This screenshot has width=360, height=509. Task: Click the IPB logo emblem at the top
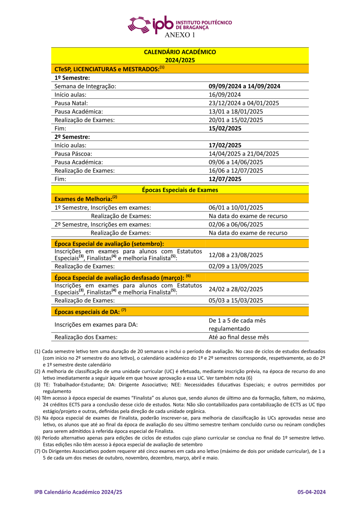pyautogui.click(x=139, y=25)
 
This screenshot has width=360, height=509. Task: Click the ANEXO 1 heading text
pyautogui.click(x=180, y=35)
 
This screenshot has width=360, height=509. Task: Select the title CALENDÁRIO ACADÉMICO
pyautogui.click(x=180, y=52)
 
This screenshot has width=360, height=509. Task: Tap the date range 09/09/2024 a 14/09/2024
pyautogui.click(x=244, y=86)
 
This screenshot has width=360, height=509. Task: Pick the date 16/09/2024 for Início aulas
pyautogui.click(x=224, y=95)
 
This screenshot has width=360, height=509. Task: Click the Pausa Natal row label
pyautogui.click(x=71, y=103)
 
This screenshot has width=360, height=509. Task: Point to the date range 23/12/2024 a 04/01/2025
pyautogui.click(x=244, y=103)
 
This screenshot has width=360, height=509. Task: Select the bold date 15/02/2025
pyautogui.click(x=225, y=129)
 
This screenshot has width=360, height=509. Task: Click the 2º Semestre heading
pyautogui.click(x=72, y=137)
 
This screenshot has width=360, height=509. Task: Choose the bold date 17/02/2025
pyautogui.click(x=225, y=145)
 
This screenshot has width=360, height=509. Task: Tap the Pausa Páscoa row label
pyautogui.click(x=73, y=154)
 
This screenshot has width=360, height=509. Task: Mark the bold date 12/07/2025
pyautogui.click(x=225, y=179)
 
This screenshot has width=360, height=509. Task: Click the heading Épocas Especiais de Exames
pyautogui.click(x=180, y=190)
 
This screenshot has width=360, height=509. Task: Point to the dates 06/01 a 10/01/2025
pyautogui.click(x=236, y=208)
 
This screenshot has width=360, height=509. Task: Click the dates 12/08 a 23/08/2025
pyautogui.click(x=236, y=255)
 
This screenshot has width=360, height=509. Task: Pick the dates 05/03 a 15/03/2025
pyautogui.click(x=236, y=301)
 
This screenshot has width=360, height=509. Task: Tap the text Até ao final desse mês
pyautogui.click(x=239, y=337)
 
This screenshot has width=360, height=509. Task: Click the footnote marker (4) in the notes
pyautogui.click(x=37, y=398)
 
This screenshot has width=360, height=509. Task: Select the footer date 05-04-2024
pyautogui.click(x=311, y=492)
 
